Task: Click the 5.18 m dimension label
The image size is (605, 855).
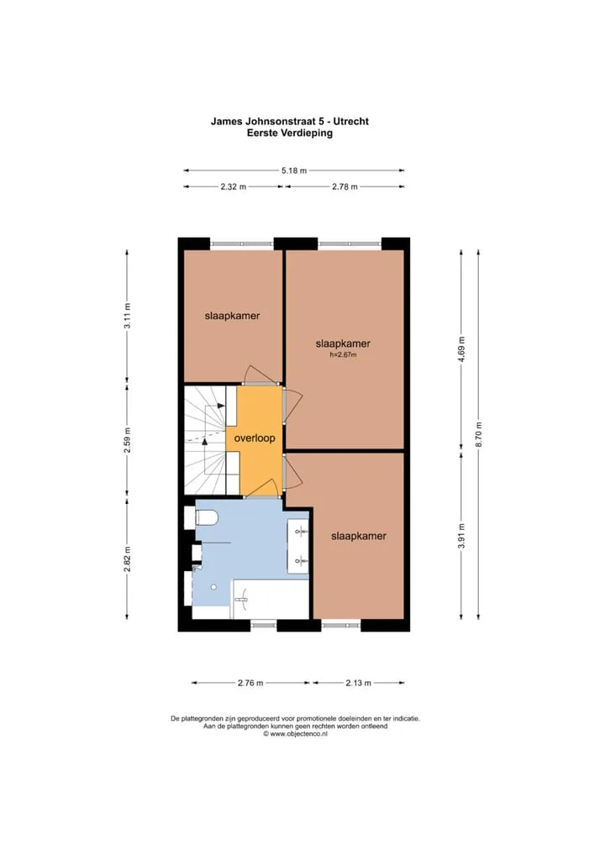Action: tap(294, 170)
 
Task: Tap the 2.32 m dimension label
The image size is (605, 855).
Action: tap(234, 186)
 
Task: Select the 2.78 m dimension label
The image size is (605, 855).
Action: tap(345, 186)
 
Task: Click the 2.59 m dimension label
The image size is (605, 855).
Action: tap(127, 441)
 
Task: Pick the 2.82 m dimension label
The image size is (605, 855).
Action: tap(127, 559)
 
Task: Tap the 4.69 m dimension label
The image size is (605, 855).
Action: tap(461, 350)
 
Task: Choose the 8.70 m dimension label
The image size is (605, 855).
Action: tap(478, 434)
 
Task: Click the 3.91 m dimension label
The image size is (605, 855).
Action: tap(461, 537)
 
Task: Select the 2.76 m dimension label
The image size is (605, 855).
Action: tap(250, 683)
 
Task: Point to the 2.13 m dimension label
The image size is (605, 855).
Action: tap(359, 683)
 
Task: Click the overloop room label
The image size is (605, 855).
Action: tap(255, 438)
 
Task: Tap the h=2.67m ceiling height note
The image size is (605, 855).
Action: tap(343, 355)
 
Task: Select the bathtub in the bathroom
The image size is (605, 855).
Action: tap(271, 600)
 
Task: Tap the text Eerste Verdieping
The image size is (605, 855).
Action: tap(290, 133)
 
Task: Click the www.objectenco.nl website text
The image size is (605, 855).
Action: tap(298, 734)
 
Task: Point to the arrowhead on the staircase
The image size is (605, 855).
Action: tap(221, 406)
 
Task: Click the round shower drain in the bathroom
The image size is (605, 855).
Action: tap(213, 587)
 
